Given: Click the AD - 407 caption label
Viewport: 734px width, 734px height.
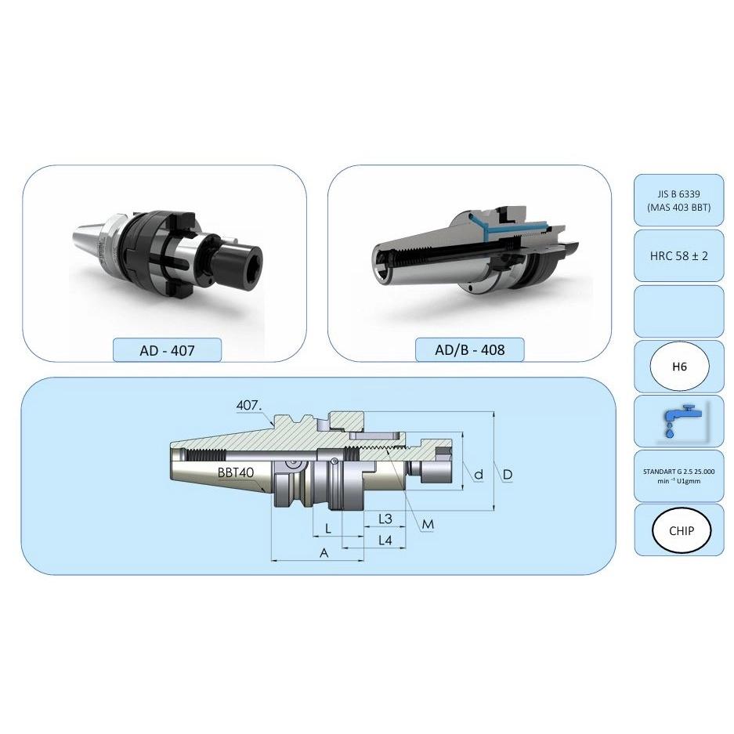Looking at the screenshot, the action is tap(167, 350).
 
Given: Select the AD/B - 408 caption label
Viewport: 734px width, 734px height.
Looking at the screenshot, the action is tap(469, 349).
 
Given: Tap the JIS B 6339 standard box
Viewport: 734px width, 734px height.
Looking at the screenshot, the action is tap(678, 201).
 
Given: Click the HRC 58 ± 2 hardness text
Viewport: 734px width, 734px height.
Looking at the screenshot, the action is tap(678, 256).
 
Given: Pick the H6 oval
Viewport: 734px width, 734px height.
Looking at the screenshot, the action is tap(679, 366).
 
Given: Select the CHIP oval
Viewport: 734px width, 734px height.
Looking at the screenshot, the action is tap(681, 530).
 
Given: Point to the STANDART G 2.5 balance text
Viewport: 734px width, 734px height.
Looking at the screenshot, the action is tap(678, 475).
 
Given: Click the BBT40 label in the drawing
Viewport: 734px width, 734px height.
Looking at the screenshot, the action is tap(236, 472).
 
